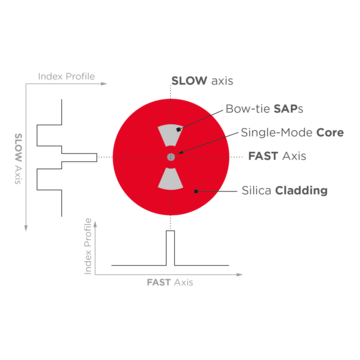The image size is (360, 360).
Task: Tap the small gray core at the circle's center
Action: coord(171,156)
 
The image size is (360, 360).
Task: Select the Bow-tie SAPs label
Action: coord(266,107)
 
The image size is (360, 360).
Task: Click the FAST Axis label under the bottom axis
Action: coord(170,283)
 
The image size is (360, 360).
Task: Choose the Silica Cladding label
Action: coord(285,190)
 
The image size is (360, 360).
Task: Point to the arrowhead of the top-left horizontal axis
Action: coord(107,84)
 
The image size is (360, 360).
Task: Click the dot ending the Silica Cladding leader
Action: coord(197,187)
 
